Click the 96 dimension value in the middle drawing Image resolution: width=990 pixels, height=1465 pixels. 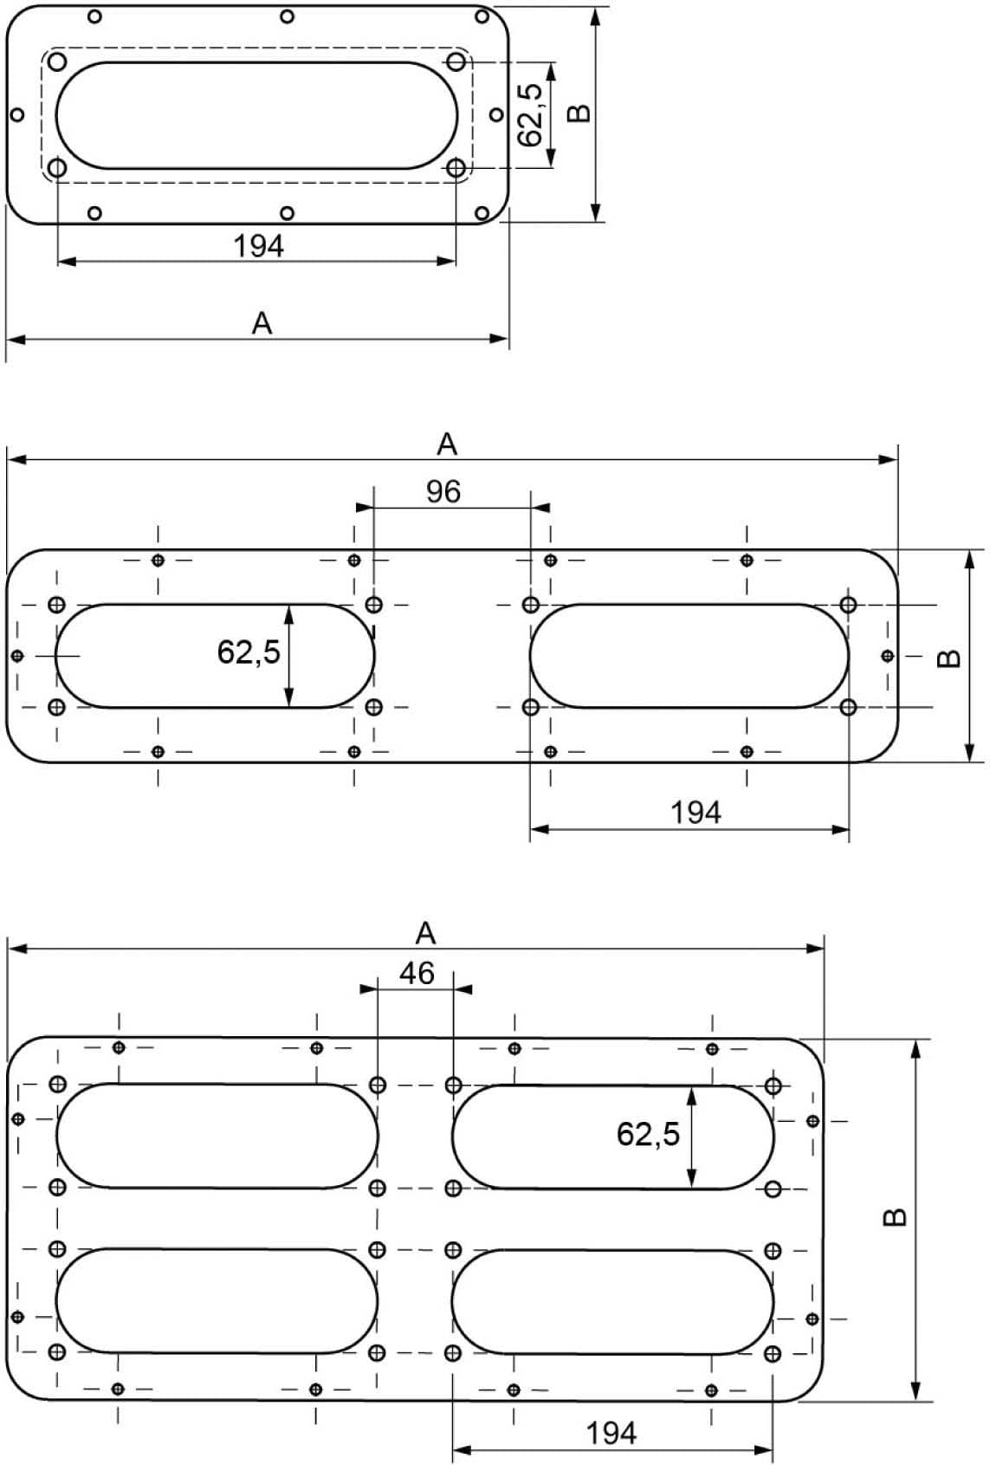443,492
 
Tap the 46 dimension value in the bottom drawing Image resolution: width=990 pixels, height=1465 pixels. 417,973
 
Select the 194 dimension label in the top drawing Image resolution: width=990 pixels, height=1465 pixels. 258,246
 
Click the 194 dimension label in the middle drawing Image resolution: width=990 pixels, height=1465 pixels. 696,813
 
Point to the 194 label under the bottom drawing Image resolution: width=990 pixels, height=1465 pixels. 611,1433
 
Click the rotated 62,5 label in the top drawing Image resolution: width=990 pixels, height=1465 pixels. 530,113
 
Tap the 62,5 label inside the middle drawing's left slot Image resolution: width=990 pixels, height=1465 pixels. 249,651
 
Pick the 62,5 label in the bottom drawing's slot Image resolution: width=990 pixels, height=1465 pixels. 649,1133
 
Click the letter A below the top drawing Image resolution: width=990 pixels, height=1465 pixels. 262,323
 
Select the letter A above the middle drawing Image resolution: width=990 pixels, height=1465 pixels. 446,444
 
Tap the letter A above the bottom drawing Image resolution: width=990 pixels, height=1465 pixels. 425,933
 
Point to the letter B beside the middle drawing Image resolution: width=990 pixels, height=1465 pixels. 949,658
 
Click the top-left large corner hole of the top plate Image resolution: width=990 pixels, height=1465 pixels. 57,62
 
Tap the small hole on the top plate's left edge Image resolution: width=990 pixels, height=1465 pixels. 16,114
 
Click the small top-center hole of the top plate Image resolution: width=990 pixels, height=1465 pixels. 288,16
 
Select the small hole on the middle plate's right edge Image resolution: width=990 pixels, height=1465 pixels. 887,656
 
